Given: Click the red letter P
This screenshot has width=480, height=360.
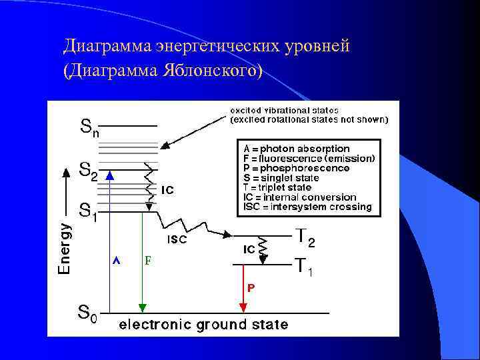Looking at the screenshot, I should point(251,287).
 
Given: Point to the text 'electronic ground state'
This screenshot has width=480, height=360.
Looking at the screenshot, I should point(203,325).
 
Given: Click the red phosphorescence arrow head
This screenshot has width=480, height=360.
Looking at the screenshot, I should point(243,307).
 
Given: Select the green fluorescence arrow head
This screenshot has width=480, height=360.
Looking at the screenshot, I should point(142,307).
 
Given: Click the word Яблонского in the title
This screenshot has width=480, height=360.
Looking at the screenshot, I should point(208,70).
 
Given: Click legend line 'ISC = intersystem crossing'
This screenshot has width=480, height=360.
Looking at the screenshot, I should point(307,207).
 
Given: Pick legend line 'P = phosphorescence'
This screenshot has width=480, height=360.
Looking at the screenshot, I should point(297,168).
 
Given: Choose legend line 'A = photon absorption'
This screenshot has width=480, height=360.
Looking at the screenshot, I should point(297,149).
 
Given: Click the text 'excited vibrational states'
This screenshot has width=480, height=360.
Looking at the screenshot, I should point(285,111).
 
